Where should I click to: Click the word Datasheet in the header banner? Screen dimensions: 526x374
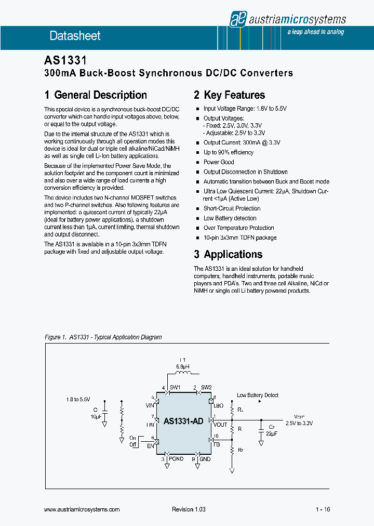pyautogui.click(x=75, y=36)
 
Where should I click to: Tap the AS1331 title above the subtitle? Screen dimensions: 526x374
pyautogui.click(x=65, y=61)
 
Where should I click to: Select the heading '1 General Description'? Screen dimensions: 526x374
pyautogui.click(x=96, y=95)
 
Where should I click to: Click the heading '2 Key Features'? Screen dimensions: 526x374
pyautogui.click(x=229, y=95)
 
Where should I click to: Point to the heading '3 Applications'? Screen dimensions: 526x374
pyautogui.click(x=228, y=254)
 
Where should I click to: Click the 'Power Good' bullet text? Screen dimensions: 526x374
pyautogui.click(x=219, y=162)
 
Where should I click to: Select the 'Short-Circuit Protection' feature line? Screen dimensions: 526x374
pyautogui.click(x=232, y=208)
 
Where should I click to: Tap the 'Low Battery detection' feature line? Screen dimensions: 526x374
pyautogui.click(x=230, y=218)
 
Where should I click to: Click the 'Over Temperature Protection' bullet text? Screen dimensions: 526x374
pyautogui.click(x=238, y=228)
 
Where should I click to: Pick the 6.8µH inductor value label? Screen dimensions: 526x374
pyautogui.click(x=183, y=366)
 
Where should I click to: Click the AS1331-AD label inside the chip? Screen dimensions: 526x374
pyautogui.click(x=183, y=422)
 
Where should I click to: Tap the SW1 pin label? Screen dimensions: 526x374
pyautogui.click(x=175, y=388)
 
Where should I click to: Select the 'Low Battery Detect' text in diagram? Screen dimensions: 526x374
pyautogui.click(x=258, y=395)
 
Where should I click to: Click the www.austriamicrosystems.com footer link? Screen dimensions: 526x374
pyautogui.click(x=82, y=509)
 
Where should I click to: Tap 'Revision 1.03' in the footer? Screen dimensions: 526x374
pyautogui.click(x=189, y=509)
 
